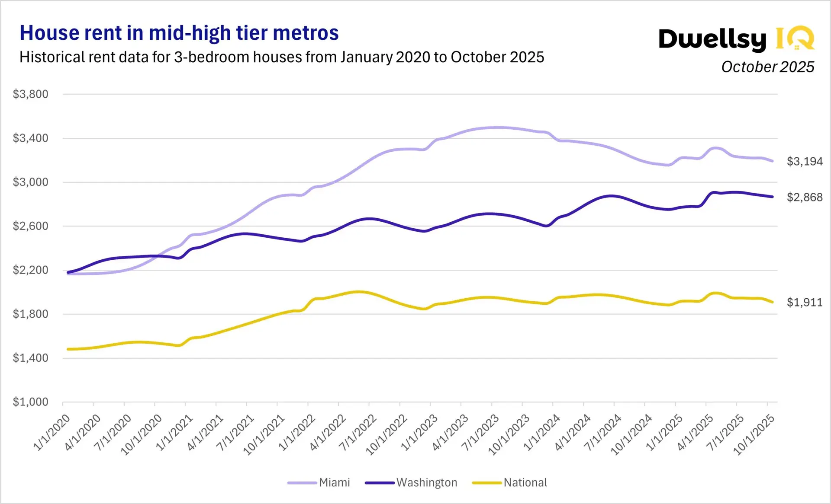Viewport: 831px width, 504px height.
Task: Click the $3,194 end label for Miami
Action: click(x=804, y=161)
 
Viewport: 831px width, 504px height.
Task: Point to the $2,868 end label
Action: click(x=804, y=197)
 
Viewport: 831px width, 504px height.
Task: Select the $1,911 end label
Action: click(x=804, y=302)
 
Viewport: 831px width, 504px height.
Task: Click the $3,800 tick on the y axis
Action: click(x=30, y=94)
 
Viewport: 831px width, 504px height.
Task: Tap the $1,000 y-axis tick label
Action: click(x=30, y=402)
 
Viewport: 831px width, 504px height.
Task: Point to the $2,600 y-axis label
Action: click(x=30, y=226)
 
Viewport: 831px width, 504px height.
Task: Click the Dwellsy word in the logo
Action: click(x=712, y=40)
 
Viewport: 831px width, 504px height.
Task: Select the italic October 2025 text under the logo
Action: click(x=767, y=67)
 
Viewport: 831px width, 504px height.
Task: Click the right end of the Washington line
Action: click(x=773, y=197)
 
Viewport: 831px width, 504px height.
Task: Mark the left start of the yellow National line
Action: click(x=68, y=349)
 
